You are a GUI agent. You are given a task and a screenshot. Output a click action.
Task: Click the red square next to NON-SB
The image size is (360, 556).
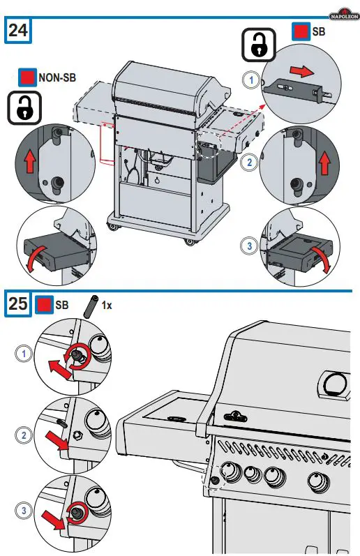(x=28, y=77)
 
